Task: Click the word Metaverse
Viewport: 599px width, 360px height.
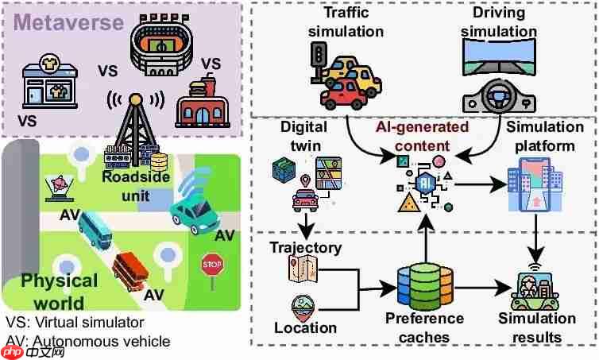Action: click(x=68, y=22)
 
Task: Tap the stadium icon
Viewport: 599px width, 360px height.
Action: click(x=161, y=45)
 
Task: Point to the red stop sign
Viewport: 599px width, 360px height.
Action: click(x=212, y=265)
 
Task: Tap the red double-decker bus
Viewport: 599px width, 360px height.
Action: click(x=130, y=271)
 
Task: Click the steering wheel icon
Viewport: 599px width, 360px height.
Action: click(x=499, y=95)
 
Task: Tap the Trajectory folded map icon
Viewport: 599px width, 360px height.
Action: click(x=303, y=269)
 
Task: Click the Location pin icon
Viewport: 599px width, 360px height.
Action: click(x=303, y=308)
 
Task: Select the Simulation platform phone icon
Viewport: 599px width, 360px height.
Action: click(x=535, y=186)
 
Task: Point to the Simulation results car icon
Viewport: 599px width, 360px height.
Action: click(x=535, y=289)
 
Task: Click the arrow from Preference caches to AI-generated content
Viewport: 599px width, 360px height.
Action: click(x=426, y=239)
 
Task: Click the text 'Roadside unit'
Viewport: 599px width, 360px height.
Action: click(x=136, y=187)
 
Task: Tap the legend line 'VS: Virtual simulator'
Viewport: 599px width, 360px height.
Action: click(x=75, y=323)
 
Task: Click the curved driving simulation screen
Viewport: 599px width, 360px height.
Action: click(x=499, y=56)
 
